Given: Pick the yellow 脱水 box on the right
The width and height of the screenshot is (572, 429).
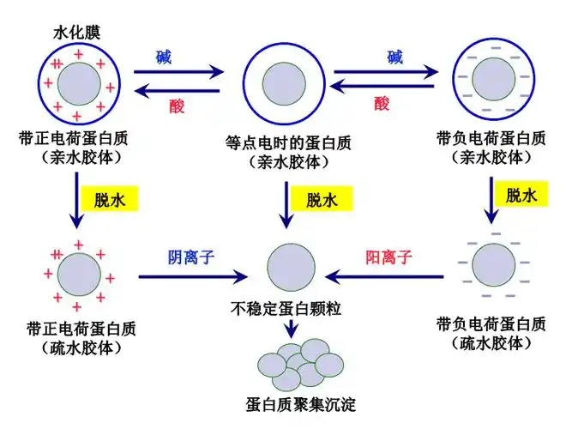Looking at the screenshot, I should (523, 196).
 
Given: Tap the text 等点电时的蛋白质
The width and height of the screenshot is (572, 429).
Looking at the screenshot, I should (287, 142).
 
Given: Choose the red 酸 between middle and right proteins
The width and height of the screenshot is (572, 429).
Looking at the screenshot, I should (382, 104).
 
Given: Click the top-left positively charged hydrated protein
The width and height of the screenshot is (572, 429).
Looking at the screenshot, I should (79, 85).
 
